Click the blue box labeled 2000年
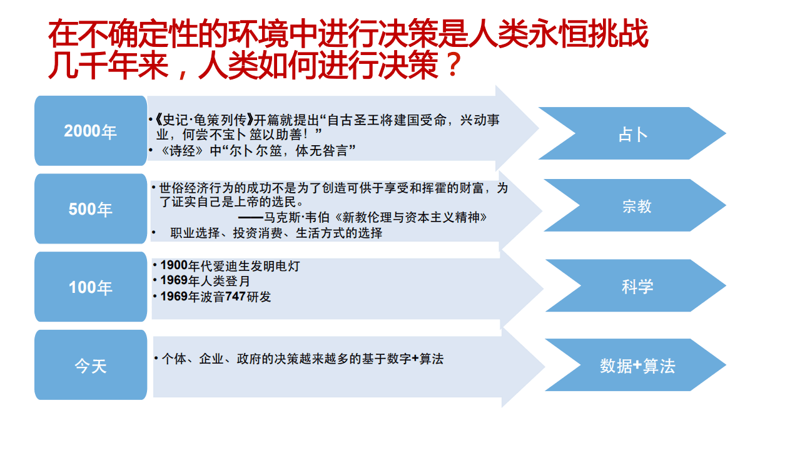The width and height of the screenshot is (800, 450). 91,131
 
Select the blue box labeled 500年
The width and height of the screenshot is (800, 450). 91,209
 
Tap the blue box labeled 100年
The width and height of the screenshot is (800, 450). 91,287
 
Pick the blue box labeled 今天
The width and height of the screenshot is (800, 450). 91,366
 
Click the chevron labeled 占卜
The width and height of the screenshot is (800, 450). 632,134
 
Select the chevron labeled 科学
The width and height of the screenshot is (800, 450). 636,286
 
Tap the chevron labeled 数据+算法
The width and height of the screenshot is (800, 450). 636,366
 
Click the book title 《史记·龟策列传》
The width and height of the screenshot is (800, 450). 203,120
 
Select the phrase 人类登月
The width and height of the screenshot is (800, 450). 223,281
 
